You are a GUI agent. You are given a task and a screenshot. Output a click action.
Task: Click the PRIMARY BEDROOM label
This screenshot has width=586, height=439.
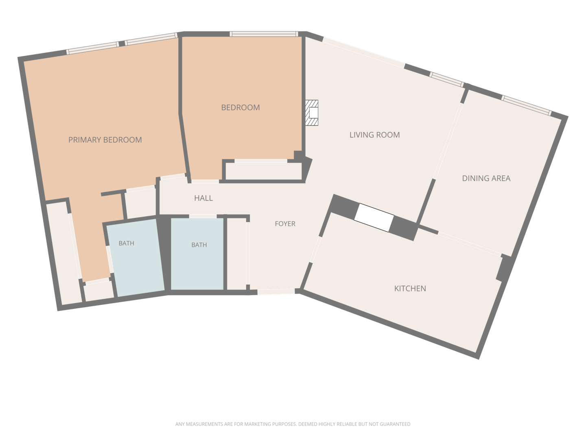105,140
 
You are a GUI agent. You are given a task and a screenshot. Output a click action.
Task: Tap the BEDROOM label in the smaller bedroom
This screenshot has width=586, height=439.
240,107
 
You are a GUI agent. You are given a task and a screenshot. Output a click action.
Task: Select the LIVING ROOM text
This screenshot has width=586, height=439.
374,135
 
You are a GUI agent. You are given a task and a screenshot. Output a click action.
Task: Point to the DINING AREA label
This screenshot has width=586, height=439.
486,178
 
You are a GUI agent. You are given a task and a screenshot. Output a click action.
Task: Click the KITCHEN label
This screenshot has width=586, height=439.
410,289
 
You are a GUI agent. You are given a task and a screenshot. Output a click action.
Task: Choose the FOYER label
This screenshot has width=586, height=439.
285,224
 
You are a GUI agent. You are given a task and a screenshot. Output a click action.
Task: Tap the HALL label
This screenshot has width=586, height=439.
203,198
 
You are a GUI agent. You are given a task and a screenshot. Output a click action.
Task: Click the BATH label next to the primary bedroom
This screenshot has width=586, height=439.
126,243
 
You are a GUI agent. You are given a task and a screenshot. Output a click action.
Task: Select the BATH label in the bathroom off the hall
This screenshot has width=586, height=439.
199,245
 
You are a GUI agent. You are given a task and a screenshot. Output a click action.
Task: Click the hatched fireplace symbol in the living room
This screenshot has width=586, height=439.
312,113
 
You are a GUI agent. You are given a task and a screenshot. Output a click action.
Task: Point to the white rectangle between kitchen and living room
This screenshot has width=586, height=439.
374,217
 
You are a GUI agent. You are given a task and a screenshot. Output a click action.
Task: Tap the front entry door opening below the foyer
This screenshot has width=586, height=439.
276,291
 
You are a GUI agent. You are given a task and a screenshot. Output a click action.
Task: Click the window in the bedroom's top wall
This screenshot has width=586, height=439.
264,34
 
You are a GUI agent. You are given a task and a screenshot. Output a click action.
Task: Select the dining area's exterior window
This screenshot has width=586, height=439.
526,105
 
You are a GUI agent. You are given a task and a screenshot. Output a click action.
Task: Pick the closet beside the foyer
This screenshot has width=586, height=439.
236,254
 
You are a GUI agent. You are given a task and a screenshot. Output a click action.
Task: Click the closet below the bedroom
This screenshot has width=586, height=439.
264,171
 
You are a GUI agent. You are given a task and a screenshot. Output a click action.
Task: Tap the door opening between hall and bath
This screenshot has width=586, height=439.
203,216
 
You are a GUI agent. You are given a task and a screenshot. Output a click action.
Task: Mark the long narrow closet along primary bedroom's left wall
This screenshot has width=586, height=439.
64,253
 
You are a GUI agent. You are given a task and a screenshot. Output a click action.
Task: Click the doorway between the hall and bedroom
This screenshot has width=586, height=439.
205,182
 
